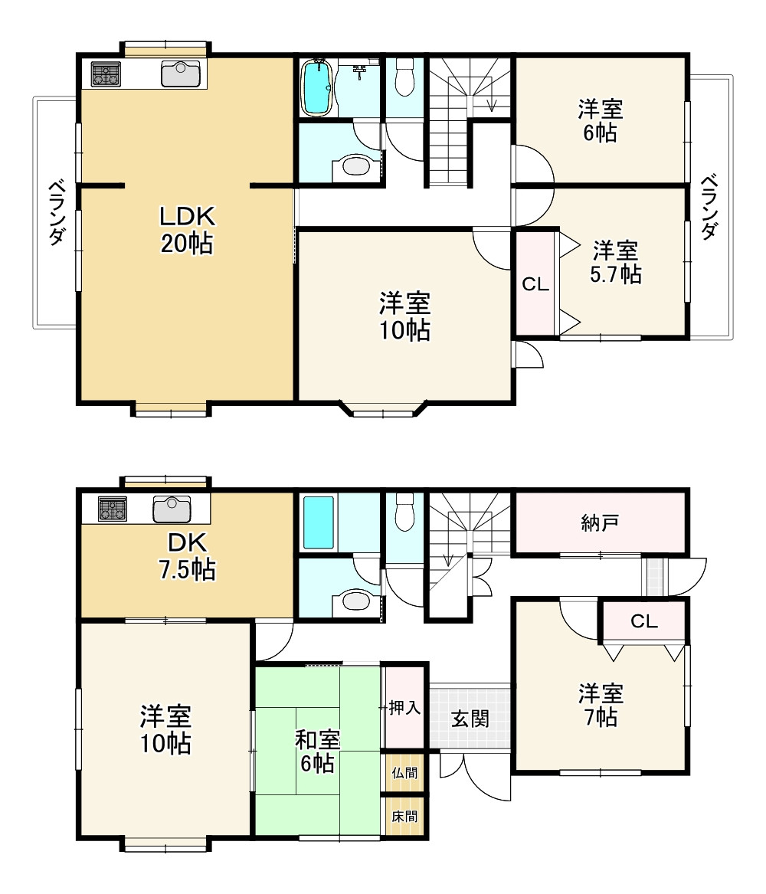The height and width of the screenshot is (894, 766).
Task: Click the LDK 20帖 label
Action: point(187,230)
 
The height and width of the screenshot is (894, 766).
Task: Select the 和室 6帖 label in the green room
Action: point(317,752)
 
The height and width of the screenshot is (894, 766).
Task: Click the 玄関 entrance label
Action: point(470,719)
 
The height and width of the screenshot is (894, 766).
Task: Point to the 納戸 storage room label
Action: point(600,522)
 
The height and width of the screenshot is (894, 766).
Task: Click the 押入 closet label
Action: point(404,708)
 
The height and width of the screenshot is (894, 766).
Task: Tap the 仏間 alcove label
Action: point(404,772)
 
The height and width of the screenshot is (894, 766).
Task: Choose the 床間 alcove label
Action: point(404,817)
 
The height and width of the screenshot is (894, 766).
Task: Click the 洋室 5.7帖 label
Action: point(616,262)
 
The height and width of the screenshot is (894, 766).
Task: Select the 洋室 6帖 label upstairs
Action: point(600,120)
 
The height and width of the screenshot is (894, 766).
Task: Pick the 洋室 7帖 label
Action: point(601,706)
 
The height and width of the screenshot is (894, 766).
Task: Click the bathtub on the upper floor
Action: point(317,87)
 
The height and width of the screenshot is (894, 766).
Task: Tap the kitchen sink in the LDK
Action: point(181,74)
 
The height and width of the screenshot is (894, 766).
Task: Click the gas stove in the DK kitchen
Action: point(113,509)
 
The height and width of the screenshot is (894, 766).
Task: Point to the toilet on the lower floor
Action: point(404,512)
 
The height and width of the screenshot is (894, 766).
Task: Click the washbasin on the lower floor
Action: point(355,601)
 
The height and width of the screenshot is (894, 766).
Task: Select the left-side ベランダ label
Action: point(57,212)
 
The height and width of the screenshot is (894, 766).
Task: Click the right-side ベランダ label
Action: point(709,206)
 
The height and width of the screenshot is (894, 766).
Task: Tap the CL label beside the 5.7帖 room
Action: point(535,284)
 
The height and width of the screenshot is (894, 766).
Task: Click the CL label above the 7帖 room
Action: point(644,621)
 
